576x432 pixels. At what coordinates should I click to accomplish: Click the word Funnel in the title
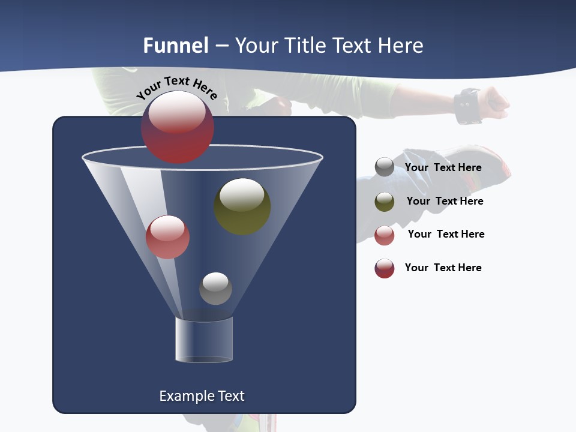(x=176, y=46)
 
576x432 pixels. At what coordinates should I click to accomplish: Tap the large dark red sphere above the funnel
(x=178, y=127)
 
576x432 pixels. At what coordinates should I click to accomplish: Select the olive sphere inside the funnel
(x=242, y=206)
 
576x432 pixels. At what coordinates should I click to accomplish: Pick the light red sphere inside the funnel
(x=168, y=237)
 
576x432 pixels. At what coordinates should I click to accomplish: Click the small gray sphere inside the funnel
(x=215, y=289)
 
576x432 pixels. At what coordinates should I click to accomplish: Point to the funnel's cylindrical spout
(x=204, y=340)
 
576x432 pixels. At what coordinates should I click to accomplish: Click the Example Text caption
(x=202, y=396)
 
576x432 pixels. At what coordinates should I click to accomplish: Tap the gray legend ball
(x=385, y=167)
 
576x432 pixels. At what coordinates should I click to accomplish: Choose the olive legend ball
(x=385, y=202)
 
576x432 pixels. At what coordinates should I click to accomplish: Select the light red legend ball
(x=385, y=235)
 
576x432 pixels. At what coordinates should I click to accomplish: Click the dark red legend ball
(x=385, y=268)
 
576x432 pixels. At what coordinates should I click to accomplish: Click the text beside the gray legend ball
(x=443, y=167)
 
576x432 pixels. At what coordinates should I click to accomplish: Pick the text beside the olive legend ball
(x=445, y=201)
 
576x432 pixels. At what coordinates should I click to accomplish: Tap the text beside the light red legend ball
(x=446, y=234)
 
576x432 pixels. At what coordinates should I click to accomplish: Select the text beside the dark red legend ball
(x=443, y=268)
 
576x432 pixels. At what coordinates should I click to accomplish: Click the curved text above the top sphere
(x=177, y=86)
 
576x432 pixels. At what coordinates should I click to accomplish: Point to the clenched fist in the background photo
(x=496, y=102)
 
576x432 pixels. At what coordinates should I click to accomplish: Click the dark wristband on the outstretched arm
(x=467, y=106)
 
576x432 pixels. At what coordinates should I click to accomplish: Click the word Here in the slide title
(x=397, y=46)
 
